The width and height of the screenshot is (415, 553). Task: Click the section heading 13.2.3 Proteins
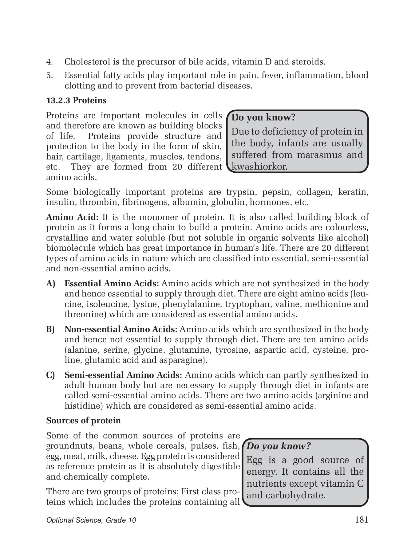(x=76, y=100)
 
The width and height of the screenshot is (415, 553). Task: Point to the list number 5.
(x=49, y=75)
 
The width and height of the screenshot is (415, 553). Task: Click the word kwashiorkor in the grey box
(x=259, y=167)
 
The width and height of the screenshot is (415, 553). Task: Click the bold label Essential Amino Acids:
(x=112, y=283)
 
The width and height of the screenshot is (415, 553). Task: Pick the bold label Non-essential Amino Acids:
(x=121, y=329)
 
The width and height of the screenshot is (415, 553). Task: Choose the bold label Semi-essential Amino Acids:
(x=123, y=375)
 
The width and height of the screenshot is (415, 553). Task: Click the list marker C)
(x=50, y=375)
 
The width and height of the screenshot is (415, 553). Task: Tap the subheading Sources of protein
(x=83, y=421)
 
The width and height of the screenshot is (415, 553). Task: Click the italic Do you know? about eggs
(x=279, y=446)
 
